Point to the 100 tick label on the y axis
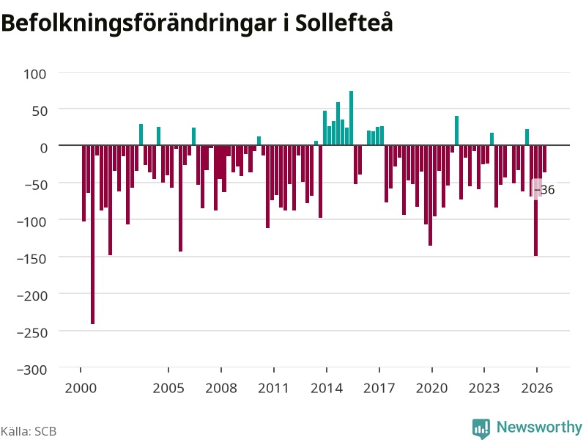[35, 74]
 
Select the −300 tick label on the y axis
[32, 370]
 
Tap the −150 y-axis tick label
[32, 259]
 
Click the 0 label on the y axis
[44, 148]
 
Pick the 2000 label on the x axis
[81, 388]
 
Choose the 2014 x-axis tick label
[327, 388]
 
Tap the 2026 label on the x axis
[537, 388]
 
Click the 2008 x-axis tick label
[221, 388]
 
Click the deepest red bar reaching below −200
[93, 234]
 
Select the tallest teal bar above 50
[352, 118]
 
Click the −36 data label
[544, 190]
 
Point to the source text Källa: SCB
[29, 431]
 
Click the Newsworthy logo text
[539, 427]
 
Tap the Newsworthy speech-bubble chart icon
[481, 428]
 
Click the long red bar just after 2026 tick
[536, 200]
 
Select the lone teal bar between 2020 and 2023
[456, 131]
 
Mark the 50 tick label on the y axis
[40, 111]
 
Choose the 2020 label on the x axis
[431, 388]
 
